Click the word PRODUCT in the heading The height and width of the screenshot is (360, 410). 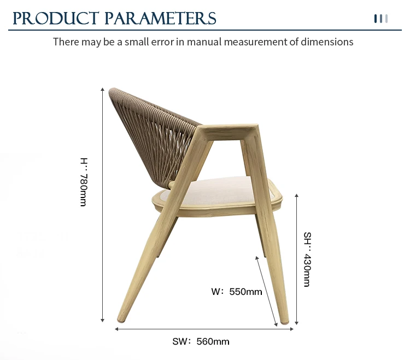pos(56,18)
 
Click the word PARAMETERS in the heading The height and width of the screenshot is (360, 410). pos(160,18)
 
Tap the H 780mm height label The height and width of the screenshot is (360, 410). pos(84,182)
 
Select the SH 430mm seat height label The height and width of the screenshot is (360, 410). pos(307,259)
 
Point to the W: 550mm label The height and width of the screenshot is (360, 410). pos(237,292)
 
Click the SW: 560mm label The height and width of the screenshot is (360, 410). pos(201,341)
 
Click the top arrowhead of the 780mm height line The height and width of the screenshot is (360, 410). pos(103,90)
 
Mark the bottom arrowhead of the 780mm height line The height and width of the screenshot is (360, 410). pos(103,320)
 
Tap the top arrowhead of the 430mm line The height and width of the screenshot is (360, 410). pos(296,195)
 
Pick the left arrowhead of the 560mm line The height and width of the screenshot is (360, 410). pos(116,329)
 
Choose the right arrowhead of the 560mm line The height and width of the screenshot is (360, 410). pos(291,329)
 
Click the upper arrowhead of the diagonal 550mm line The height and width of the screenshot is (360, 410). pos(257,258)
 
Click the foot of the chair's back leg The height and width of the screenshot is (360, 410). pos(121,318)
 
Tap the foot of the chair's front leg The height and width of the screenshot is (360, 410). pos(284,321)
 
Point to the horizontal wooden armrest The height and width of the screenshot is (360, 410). pos(227,132)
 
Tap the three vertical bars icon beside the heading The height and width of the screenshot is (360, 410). pos(381,19)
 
